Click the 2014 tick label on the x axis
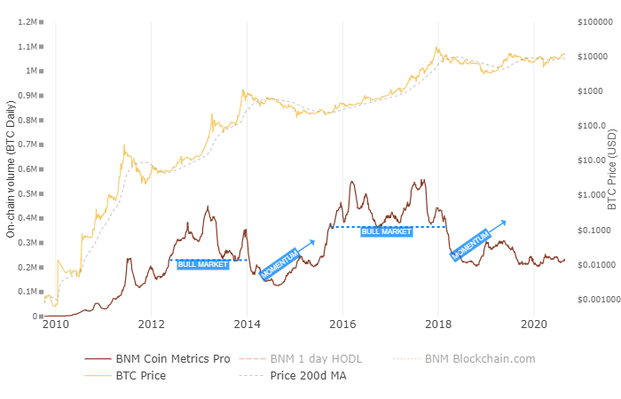pos(247,325)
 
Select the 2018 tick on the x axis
pos(438,325)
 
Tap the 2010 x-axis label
pos(56,325)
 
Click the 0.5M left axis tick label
pos(28,193)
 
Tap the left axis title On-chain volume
pos(11,168)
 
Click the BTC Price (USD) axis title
pos(611,168)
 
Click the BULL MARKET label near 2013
pos(203,264)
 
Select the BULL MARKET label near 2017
pos(387,231)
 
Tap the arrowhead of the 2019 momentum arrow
pos(504,221)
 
